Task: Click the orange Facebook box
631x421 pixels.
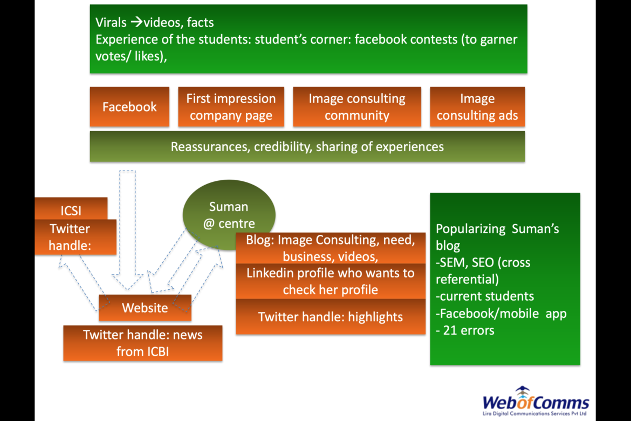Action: pyautogui.click(x=129, y=107)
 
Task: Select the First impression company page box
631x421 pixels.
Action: pyautogui.click(x=231, y=107)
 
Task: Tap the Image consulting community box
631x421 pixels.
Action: pyautogui.click(x=356, y=107)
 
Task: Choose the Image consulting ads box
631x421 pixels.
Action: pyautogui.click(x=477, y=107)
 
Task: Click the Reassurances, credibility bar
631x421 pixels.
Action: pyautogui.click(x=307, y=146)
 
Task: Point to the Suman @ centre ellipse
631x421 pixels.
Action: pyautogui.click(x=229, y=214)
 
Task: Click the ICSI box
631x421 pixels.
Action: pyautogui.click(x=71, y=208)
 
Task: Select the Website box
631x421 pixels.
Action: pyautogui.click(x=145, y=308)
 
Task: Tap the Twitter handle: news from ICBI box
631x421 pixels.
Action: pyautogui.click(x=142, y=343)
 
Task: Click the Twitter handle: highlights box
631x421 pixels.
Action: pyautogui.click(x=330, y=317)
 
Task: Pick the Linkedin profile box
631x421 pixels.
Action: pyautogui.click(x=330, y=281)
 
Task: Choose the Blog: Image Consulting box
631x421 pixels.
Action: pyautogui.click(x=330, y=248)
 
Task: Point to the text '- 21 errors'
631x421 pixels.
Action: pyautogui.click(x=465, y=330)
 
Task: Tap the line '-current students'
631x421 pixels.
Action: pyautogui.click(x=484, y=296)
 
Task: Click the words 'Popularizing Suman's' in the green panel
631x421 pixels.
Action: pyautogui.click(x=497, y=228)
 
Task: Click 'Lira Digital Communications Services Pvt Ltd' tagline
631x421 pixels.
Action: pyautogui.click(x=535, y=413)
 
